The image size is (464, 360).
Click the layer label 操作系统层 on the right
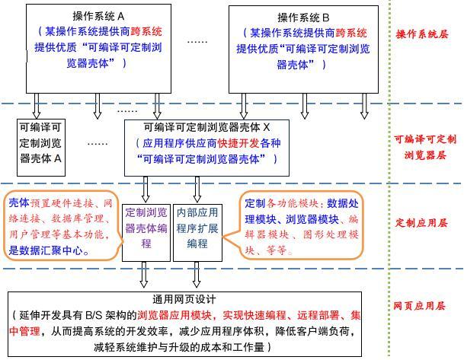click(x=422, y=34)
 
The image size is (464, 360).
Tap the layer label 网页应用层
click(x=421, y=305)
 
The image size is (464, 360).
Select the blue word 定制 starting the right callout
click(x=254, y=204)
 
